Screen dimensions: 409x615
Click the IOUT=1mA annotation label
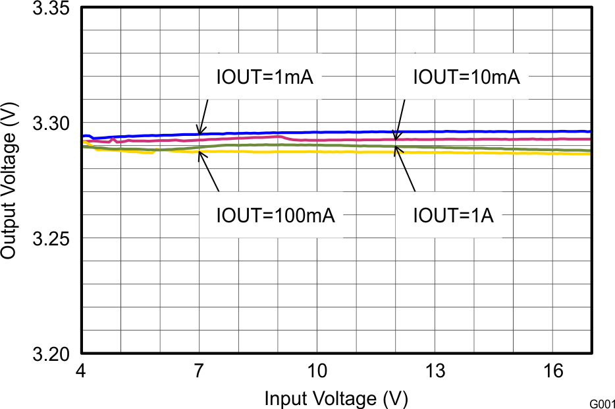265,77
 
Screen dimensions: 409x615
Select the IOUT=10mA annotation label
466,77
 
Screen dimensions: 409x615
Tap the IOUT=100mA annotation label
276,215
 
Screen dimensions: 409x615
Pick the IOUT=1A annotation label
453,215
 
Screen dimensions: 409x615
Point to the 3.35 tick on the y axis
52,9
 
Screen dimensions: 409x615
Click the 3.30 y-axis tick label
52,123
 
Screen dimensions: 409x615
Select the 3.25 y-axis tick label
52,239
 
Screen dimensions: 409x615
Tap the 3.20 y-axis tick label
52,354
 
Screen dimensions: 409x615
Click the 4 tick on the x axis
82,371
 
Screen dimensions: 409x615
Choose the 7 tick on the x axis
199,371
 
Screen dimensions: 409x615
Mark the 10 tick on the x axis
317,371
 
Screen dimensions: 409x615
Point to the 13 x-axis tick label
435,371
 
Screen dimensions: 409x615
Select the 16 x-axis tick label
553,371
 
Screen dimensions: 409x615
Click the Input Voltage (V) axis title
336,398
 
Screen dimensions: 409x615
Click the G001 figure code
602,402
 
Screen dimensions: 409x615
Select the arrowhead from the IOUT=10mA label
396,137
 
